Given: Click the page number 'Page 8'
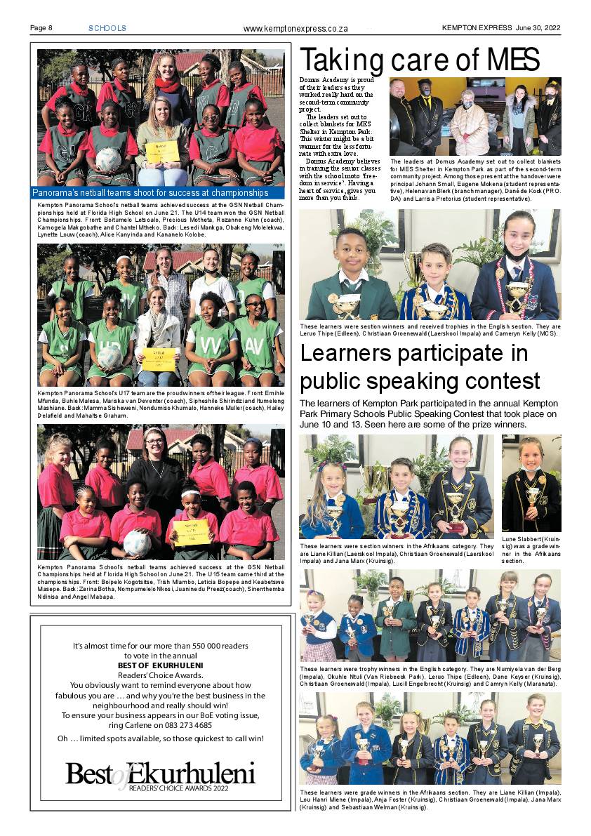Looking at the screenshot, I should [41, 28].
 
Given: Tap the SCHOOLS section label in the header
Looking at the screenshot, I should [107, 28].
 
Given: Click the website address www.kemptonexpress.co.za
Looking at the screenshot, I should [295, 29].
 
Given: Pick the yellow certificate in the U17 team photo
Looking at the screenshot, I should [159, 359].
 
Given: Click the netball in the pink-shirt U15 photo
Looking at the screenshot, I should [137, 542].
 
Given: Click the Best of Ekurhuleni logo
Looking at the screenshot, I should [161, 776].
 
